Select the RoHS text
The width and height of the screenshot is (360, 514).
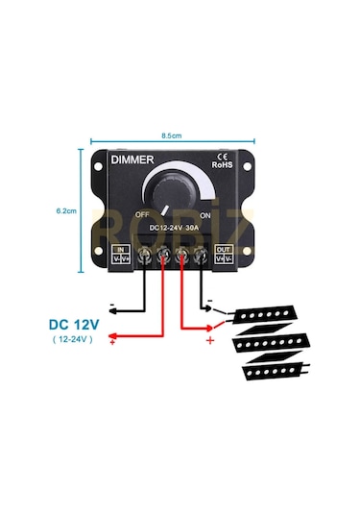(223, 164)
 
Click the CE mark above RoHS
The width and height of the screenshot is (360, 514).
(222, 154)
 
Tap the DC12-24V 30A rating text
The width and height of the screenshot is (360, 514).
(180, 228)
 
